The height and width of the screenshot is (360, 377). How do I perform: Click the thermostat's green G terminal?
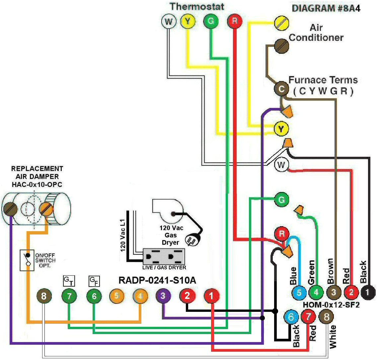211,22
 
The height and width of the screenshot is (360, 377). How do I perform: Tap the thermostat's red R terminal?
234,22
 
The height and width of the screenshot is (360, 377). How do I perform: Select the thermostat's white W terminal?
169,22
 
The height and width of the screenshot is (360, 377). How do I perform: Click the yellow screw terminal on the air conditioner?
281,23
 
